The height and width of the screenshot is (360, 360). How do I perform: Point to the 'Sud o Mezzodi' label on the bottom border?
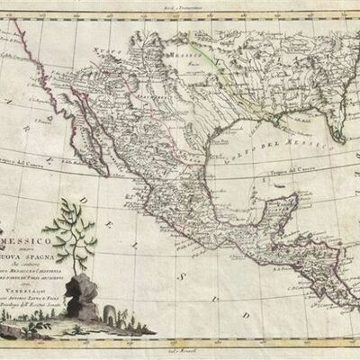179,354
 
